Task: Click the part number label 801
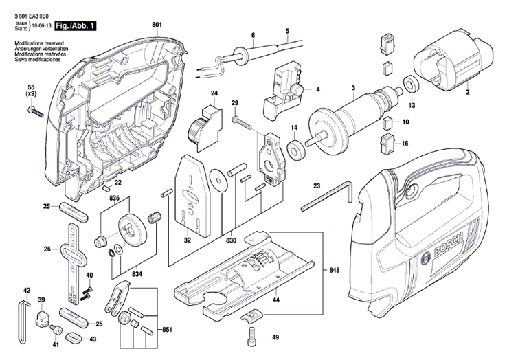click(x=157, y=26)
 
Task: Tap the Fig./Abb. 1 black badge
click(x=76, y=25)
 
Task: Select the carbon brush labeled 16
click(x=387, y=144)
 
